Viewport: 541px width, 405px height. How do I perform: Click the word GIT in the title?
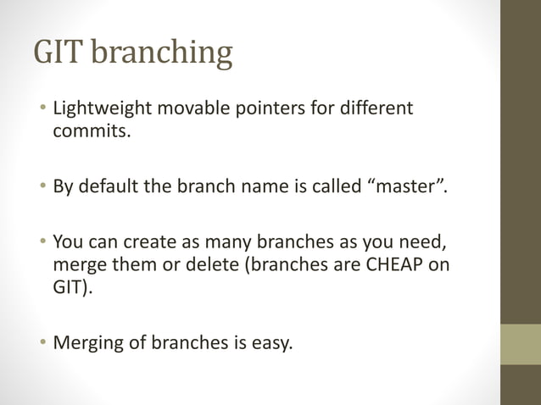pyautogui.click(x=58, y=53)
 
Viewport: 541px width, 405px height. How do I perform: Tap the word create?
pyautogui.click(x=148, y=241)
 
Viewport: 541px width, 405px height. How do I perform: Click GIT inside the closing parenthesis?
pyautogui.click(x=68, y=286)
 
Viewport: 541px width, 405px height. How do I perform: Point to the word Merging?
pyautogui.click(x=86, y=342)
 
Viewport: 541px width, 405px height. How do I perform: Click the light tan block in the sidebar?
pyautogui.click(x=520, y=344)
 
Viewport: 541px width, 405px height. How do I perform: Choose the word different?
pyautogui.click(x=373, y=110)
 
